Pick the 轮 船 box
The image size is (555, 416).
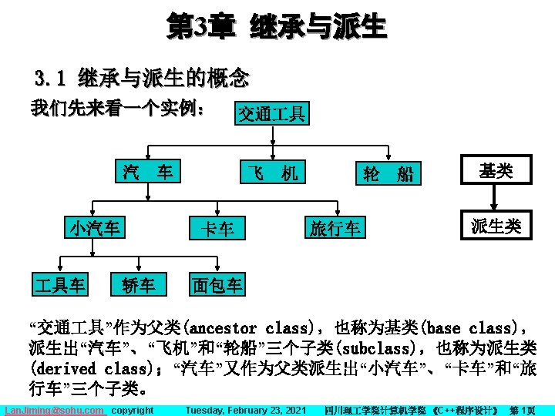pos(388,174)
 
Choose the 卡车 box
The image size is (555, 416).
pos(217,228)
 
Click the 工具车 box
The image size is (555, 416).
pos(59,284)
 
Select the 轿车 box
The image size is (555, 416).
pos(139,284)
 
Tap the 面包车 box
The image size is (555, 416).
pos(217,284)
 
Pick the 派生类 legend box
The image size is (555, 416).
pos(496,226)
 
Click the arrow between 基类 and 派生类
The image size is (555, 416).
pos(496,198)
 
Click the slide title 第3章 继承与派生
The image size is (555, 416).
pos(277,28)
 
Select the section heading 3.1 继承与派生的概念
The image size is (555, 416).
pos(142,78)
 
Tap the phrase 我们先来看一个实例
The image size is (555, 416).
pos(116,109)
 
